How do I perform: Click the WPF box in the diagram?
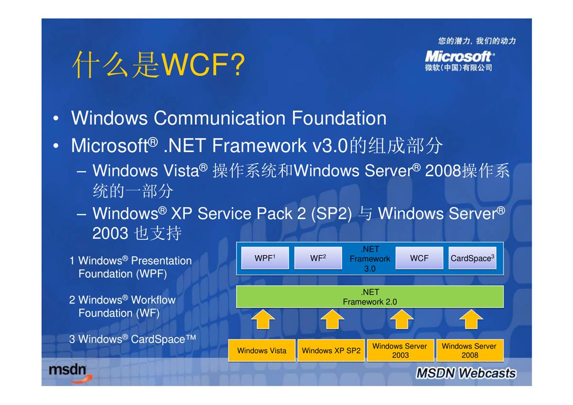click(265, 258)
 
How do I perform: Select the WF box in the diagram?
click(318, 258)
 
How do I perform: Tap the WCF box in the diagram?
click(419, 258)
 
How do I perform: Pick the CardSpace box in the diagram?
click(472, 258)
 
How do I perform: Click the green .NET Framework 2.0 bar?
click(370, 297)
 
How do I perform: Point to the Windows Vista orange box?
click(261, 351)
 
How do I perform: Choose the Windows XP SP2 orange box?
click(331, 351)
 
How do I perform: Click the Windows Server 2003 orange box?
click(400, 351)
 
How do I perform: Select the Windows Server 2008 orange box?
click(469, 351)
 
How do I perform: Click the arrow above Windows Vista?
click(263, 319)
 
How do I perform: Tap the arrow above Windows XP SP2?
click(332, 319)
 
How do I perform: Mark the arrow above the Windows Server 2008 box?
click(471, 319)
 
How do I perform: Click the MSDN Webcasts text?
click(466, 373)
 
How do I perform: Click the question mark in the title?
click(238, 65)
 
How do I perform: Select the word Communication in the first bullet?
click(219, 118)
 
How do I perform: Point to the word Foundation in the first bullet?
click(339, 118)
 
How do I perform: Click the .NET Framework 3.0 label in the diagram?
click(370, 258)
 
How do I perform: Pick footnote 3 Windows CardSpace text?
click(133, 339)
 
